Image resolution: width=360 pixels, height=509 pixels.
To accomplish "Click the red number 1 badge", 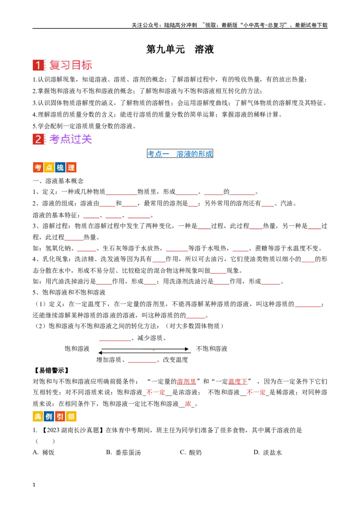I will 38,65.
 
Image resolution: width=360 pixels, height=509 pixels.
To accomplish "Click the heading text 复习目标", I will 71,65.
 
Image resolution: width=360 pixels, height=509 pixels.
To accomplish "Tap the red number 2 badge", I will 38,139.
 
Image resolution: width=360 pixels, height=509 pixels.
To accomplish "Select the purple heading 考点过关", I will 71,139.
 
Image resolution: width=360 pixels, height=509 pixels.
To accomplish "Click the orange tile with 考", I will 38,168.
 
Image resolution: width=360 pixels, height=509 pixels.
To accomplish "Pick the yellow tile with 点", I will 49,168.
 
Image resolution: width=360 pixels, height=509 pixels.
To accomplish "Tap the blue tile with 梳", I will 60,168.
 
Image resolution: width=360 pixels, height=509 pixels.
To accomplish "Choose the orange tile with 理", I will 71,168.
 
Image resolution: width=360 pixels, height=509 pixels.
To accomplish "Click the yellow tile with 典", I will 38,417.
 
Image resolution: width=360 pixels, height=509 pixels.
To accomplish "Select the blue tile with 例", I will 49,417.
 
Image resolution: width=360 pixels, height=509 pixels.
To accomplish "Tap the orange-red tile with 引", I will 60,417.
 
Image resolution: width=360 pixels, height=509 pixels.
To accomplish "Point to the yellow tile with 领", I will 71,417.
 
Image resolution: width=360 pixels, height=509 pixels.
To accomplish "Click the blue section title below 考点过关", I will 180,154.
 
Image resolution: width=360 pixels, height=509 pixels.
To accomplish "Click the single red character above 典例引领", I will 188,404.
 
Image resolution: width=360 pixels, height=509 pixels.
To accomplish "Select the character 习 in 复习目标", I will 65,65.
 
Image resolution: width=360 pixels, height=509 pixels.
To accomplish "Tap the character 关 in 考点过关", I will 87,139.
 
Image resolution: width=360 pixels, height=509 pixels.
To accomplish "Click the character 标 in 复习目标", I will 87,65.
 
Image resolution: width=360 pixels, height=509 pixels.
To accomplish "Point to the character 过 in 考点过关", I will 76,139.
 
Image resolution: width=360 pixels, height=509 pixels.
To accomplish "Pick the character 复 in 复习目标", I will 54,65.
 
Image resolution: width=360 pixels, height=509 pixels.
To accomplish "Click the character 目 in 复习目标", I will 76,65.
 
